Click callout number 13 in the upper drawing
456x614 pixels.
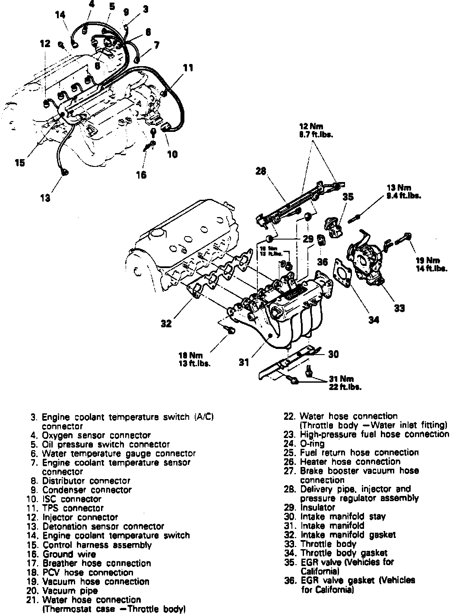point(45,198)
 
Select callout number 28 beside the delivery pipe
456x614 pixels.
point(260,171)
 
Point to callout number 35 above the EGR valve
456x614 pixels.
point(348,197)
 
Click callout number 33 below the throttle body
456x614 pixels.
point(399,308)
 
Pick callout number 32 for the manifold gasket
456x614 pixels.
point(166,323)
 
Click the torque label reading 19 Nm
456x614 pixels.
point(427,261)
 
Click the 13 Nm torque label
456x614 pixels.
point(398,188)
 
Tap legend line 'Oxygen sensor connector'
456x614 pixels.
point(96,435)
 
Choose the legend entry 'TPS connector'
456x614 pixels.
point(73,508)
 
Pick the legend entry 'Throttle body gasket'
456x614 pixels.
point(343,553)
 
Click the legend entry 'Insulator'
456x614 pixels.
point(317,507)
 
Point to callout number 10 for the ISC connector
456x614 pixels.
point(172,154)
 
